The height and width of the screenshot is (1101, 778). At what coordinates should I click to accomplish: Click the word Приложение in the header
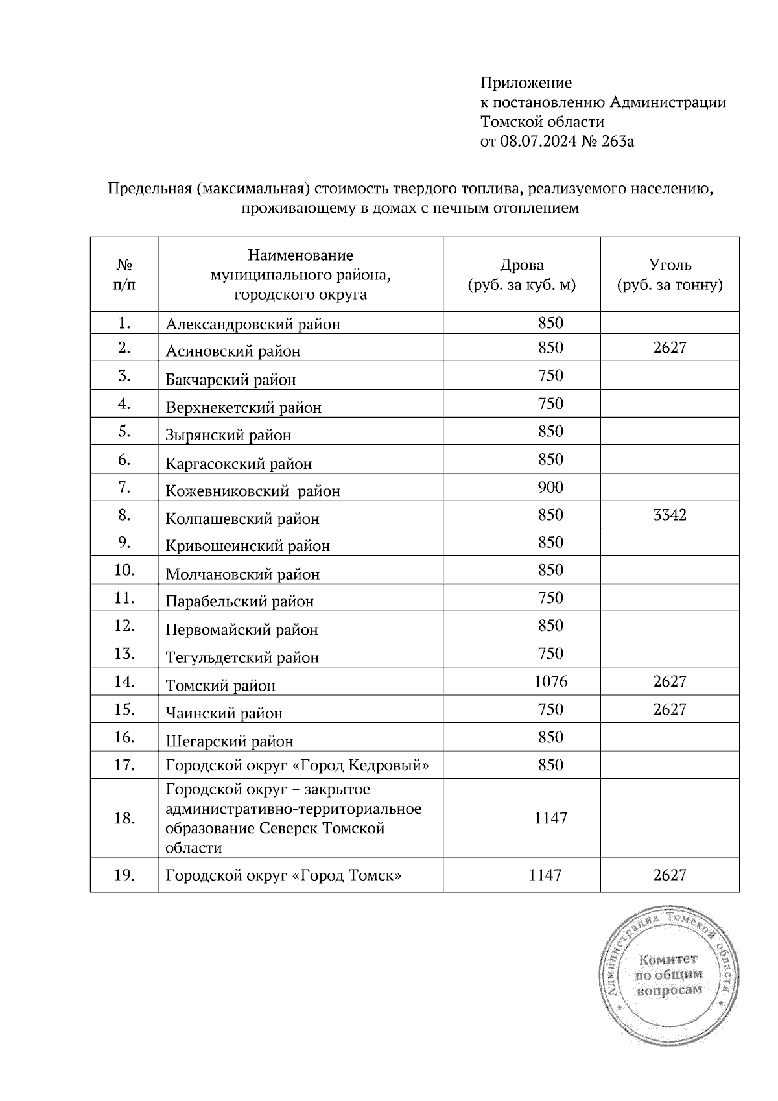click(526, 83)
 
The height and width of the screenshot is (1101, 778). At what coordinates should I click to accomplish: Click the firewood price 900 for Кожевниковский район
click(550, 487)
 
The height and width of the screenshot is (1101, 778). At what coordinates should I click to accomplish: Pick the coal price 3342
click(670, 515)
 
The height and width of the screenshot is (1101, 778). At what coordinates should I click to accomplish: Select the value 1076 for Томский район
click(550, 681)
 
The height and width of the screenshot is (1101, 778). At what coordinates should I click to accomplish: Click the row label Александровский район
click(253, 324)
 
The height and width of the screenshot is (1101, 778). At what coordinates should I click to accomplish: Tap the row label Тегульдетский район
click(242, 657)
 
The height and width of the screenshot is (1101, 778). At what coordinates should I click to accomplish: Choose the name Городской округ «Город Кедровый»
click(297, 765)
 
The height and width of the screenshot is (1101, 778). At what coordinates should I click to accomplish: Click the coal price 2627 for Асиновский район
click(670, 348)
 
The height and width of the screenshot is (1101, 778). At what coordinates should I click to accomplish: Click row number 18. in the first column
click(124, 818)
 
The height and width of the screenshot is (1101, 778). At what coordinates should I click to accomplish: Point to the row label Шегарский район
click(230, 741)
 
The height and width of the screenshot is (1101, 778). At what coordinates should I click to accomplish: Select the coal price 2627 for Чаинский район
click(670, 709)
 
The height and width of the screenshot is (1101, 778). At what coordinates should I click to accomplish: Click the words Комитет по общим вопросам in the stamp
click(668, 975)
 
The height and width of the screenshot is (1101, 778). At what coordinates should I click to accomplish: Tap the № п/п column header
click(124, 274)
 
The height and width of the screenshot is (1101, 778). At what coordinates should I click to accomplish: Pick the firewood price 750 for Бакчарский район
click(550, 376)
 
